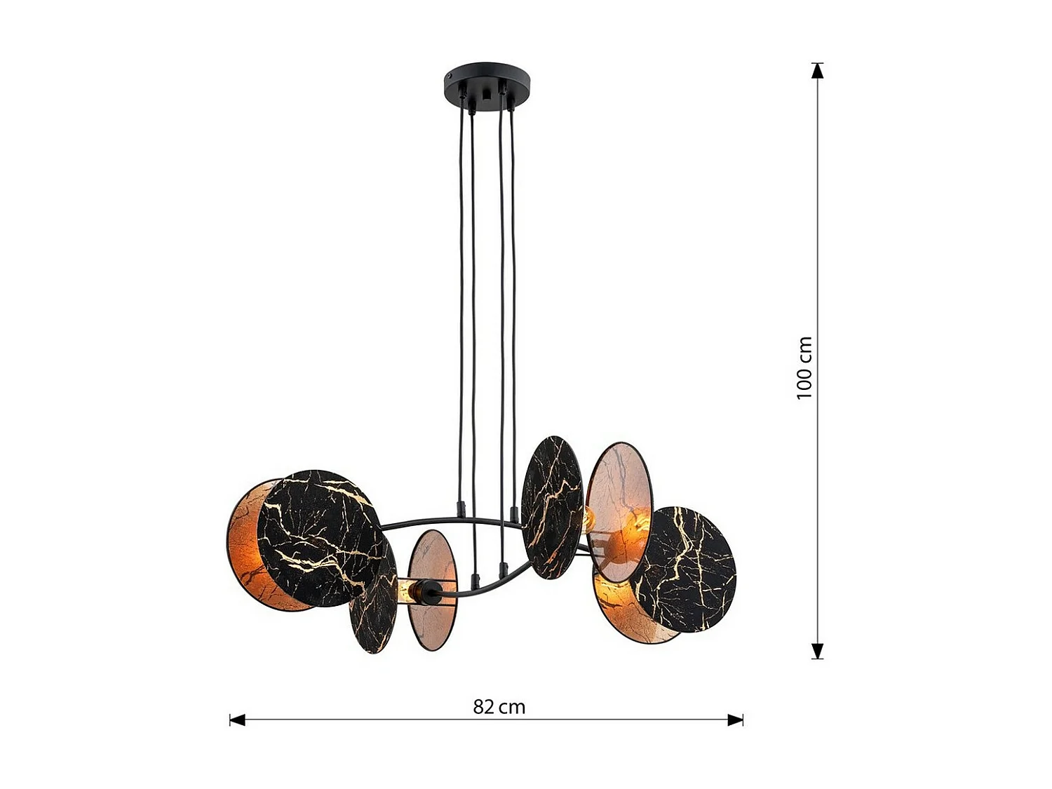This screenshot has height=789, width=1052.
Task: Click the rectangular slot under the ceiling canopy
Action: pyautogui.click(x=487, y=93)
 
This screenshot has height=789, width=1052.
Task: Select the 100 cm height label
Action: pyautogui.click(x=804, y=367)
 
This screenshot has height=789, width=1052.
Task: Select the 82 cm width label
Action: pyautogui.click(x=499, y=706)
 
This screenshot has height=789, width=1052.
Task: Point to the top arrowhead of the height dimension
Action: pyautogui.click(x=817, y=71)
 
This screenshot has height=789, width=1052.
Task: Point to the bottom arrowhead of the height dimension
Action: pyautogui.click(x=817, y=651)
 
